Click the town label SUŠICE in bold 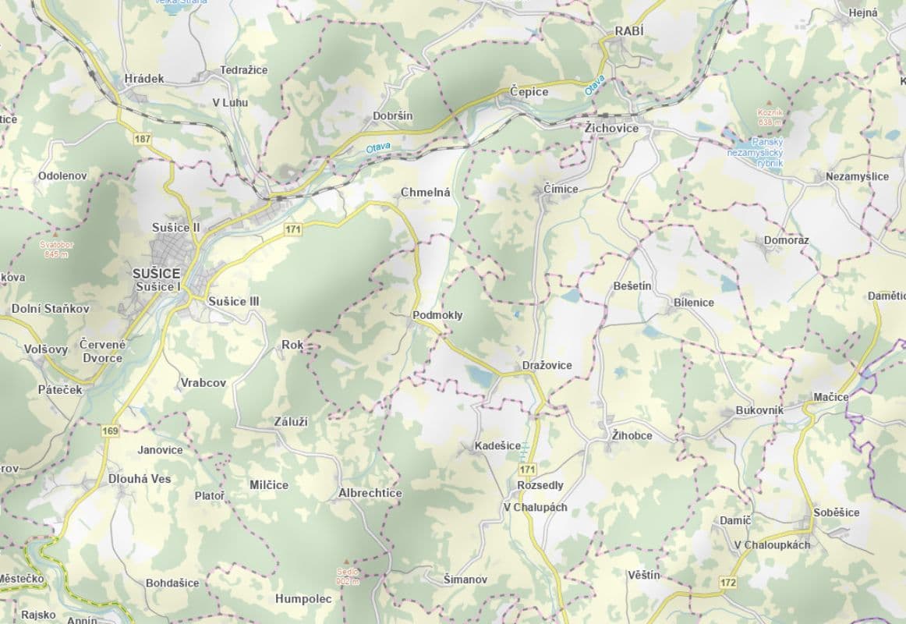pyautogui.click(x=156, y=274)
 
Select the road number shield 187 pyautogui.click(x=142, y=139)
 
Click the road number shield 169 pyautogui.click(x=109, y=431)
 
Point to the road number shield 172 pyautogui.click(x=728, y=582)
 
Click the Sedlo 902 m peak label pyautogui.click(x=348, y=575)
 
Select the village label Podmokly pyautogui.click(x=437, y=315)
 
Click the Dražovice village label pyautogui.click(x=547, y=365)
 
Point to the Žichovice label pyautogui.click(x=611, y=128)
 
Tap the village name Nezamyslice pyautogui.click(x=857, y=176)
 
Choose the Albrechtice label pyautogui.click(x=370, y=493)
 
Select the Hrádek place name pyautogui.click(x=144, y=78)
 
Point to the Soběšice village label pyautogui.click(x=836, y=512)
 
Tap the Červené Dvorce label pyautogui.click(x=102, y=351)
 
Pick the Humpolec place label pyautogui.click(x=303, y=599)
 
